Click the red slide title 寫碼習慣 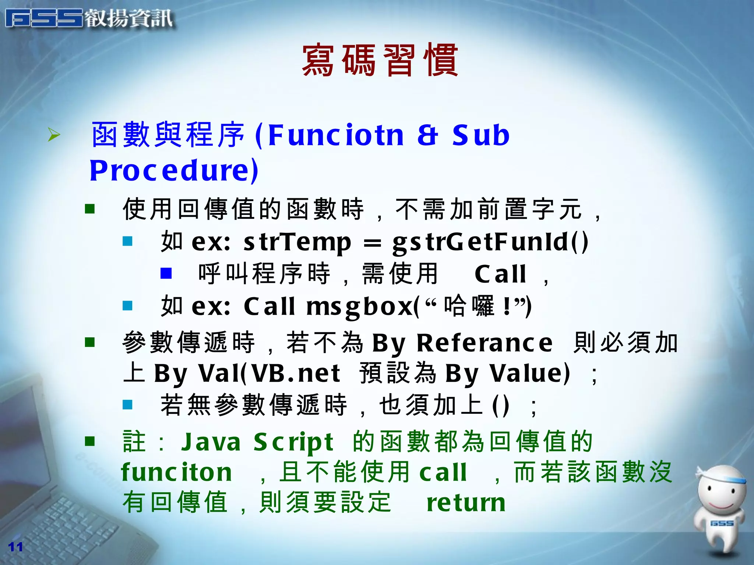380,61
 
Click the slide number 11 15,547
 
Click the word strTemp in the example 297,242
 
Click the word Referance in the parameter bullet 484,343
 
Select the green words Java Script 257,442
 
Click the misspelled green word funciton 176,472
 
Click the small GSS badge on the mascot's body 722,523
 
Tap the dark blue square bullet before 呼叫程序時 166,273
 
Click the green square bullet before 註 90,441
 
